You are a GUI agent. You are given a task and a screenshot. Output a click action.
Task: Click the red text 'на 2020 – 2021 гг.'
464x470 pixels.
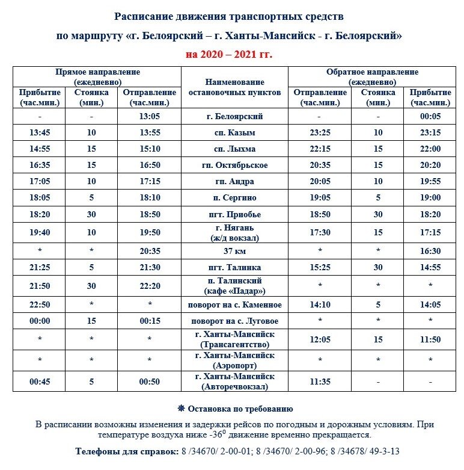pos(229,54)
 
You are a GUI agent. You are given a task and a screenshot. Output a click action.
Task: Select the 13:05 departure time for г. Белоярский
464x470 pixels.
pos(149,117)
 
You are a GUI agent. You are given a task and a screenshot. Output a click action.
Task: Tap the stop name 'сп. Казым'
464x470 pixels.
pos(234,133)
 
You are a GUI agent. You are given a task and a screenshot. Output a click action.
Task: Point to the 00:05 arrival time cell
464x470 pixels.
pos(430,117)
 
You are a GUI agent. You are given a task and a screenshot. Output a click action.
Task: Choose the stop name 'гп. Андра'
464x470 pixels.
pos(234,182)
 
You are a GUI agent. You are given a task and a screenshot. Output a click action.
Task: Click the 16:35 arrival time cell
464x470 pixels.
pos(40,165)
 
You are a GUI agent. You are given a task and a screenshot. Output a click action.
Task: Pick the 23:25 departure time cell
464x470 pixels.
pos(320,133)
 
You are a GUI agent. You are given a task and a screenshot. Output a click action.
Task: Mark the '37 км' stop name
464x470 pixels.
pos(234,251)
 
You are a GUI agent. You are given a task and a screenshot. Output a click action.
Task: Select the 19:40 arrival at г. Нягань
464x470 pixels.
pos(40,233)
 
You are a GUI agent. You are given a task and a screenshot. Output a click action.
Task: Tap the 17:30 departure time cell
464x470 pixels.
pos(320,233)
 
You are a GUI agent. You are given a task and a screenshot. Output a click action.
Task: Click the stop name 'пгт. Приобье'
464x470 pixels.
pos(234,214)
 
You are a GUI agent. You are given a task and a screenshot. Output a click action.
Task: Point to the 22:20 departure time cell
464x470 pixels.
pos(149,286)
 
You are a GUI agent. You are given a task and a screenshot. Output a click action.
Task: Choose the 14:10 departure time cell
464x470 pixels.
pos(320,305)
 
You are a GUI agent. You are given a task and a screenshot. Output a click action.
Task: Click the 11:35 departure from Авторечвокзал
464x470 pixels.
pos(320,382)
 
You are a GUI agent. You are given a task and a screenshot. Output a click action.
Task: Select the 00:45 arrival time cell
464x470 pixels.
pos(40,382)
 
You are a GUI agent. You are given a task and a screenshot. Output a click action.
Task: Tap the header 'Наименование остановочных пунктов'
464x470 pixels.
pos(234,87)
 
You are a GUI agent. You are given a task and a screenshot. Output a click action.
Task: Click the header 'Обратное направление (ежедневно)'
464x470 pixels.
pos(372,76)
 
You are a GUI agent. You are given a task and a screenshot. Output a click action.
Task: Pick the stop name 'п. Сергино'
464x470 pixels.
pos(234,198)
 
